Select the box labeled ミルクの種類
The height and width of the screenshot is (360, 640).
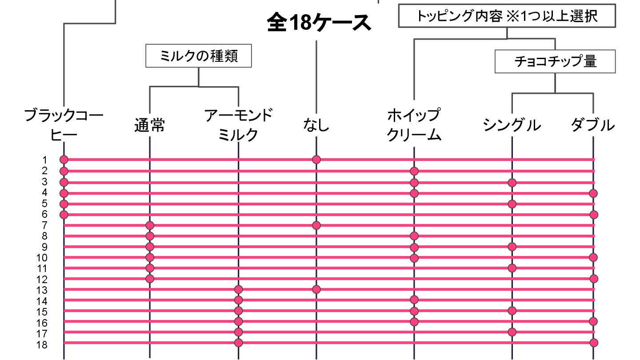(x=199, y=56)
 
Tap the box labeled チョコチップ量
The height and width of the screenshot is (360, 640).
(x=555, y=61)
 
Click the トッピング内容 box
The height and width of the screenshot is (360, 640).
(x=507, y=16)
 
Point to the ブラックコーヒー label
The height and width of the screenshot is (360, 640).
(x=64, y=125)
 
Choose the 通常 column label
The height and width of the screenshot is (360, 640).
(x=150, y=125)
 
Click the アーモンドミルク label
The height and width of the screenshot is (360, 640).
(x=238, y=125)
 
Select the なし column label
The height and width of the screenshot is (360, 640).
(x=316, y=125)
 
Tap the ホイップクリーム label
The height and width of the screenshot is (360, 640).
(x=414, y=125)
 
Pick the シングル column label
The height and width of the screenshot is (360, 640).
(x=512, y=125)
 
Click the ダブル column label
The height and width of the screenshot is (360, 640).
(x=593, y=125)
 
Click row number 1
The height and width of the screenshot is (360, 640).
(x=44, y=160)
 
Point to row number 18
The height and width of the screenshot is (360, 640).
(x=42, y=345)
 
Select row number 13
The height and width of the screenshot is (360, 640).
(x=42, y=290)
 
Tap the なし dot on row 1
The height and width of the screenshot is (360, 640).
(x=316, y=160)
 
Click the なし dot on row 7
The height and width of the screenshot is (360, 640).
(x=316, y=225)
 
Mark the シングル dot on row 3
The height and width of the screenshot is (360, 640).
(x=512, y=182)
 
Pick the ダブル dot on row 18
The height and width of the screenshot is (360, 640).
(x=594, y=343)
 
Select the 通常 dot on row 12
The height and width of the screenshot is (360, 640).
(x=150, y=279)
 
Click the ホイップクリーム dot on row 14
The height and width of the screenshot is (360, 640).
(x=414, y=300)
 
